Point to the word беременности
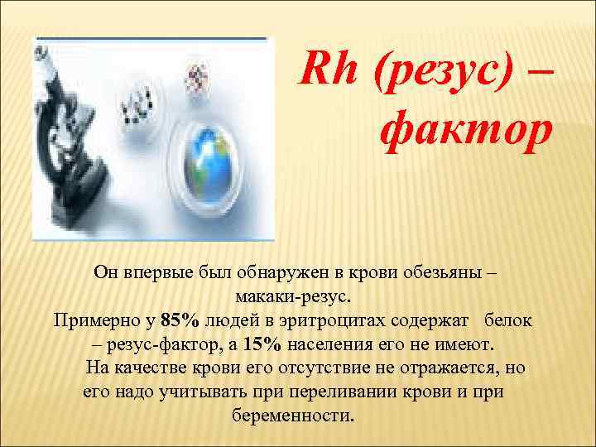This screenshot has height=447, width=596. click(x=295, y=415)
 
